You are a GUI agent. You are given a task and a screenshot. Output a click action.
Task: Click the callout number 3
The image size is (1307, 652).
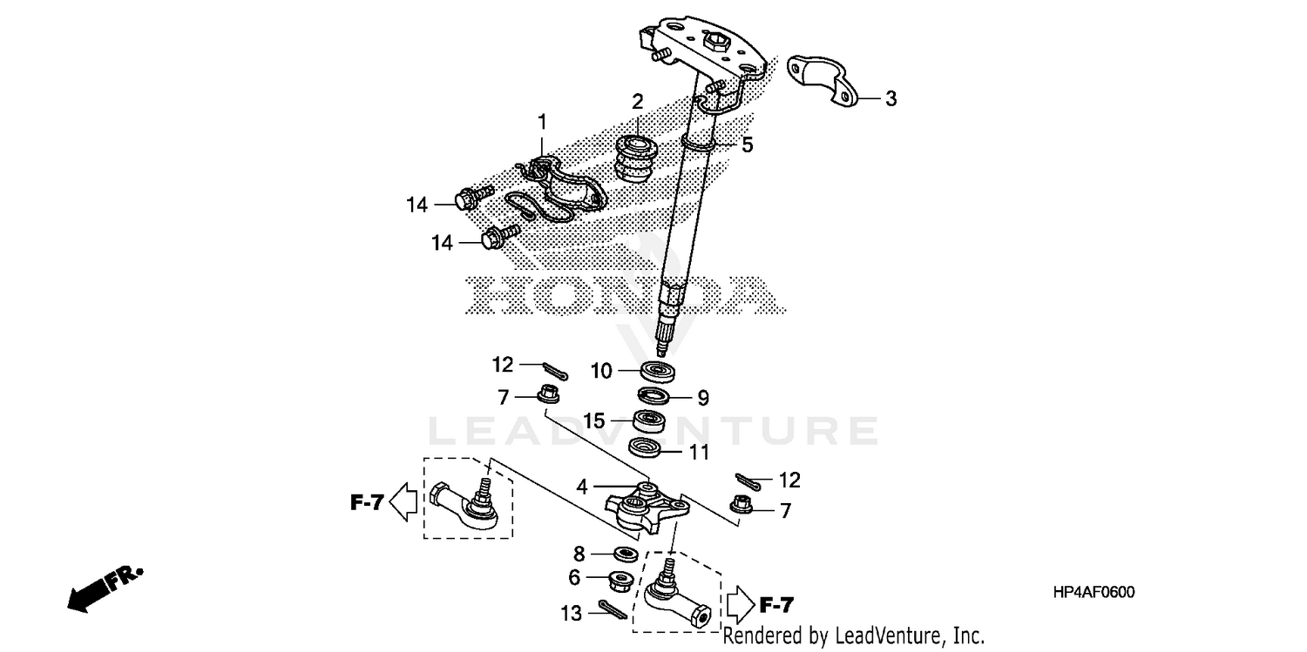891,99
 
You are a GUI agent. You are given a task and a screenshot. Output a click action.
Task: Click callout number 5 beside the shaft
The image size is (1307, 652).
747,145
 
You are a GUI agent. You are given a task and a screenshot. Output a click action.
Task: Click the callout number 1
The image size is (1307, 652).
541,120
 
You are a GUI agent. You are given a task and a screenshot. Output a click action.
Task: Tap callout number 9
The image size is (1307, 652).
702,399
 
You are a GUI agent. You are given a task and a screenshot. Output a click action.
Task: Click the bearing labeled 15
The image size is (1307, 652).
649,421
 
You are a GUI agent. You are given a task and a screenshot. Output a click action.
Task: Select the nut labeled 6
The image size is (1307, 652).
620,579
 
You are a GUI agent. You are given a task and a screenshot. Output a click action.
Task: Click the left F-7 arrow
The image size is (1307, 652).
402,502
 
